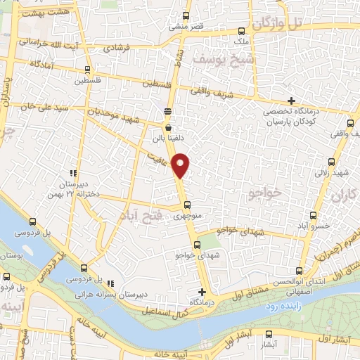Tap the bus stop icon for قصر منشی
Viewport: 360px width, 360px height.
coord(186,15)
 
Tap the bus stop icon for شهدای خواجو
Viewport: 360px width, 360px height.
coord(197,245)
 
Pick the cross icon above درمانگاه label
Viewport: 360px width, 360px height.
coord(202,291)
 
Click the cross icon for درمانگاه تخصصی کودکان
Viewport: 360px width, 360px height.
coord(291,101)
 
